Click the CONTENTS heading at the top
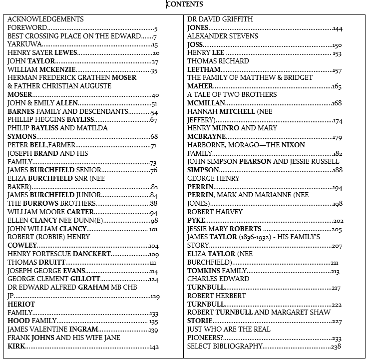coord(185,4)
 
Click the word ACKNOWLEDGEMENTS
coord(45,19)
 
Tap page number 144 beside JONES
coord(338,28)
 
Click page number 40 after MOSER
coord(155,95)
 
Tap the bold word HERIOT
coord(21,305)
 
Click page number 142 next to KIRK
coord(154,347)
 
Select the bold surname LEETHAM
coord(204,70)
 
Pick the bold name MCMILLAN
coord(206,103)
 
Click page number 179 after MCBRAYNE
coord(337,137)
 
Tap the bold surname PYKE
coord(196,221)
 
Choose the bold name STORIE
coord(200,322)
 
